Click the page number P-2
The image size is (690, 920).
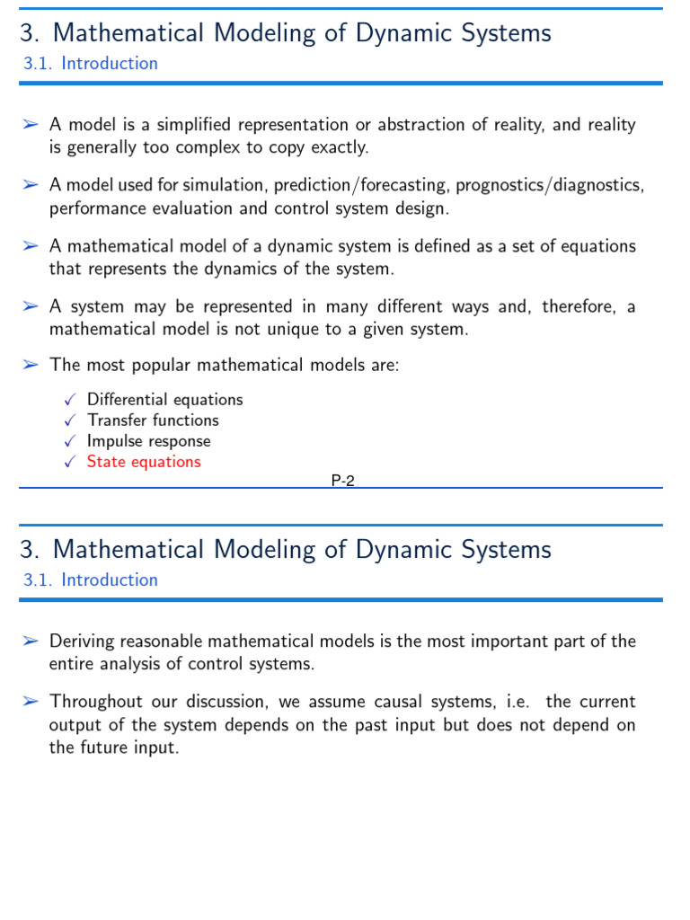(343, 481)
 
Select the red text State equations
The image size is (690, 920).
(144, 462)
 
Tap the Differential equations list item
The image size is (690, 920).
(164, 400)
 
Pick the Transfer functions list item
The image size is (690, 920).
(153, 420)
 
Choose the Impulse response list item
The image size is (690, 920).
(148, 441)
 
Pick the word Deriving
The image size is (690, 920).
(84, 641)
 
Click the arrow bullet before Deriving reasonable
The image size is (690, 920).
(31, 641)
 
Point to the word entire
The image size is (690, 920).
(73, 665)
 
